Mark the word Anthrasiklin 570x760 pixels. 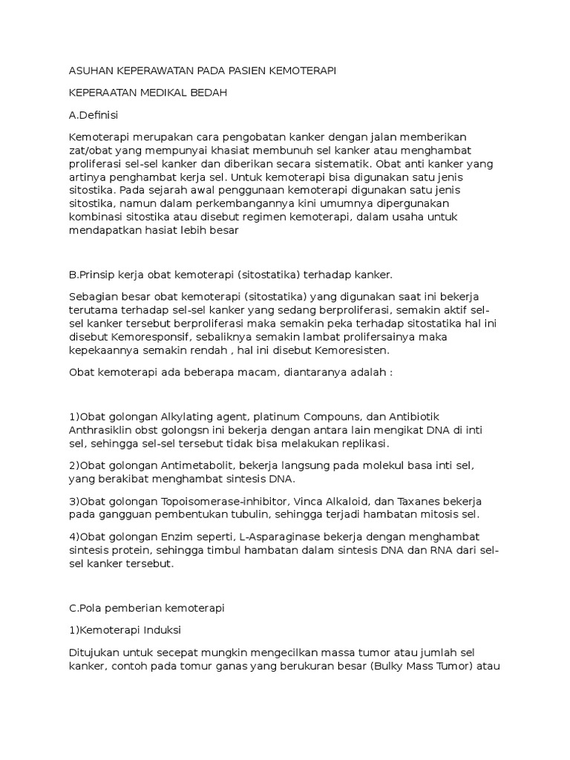(x=101, y=430)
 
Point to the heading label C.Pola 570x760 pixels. (x=89, y=607)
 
